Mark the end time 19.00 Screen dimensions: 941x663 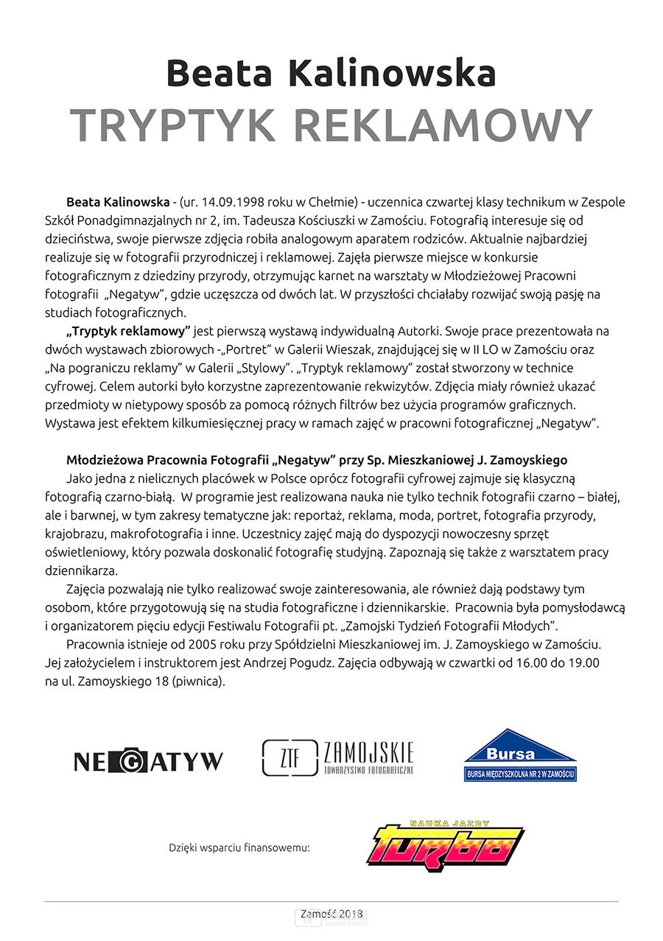(583, 662)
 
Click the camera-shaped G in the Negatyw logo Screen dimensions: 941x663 (130, 760)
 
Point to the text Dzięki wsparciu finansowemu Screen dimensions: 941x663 (239, 848)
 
